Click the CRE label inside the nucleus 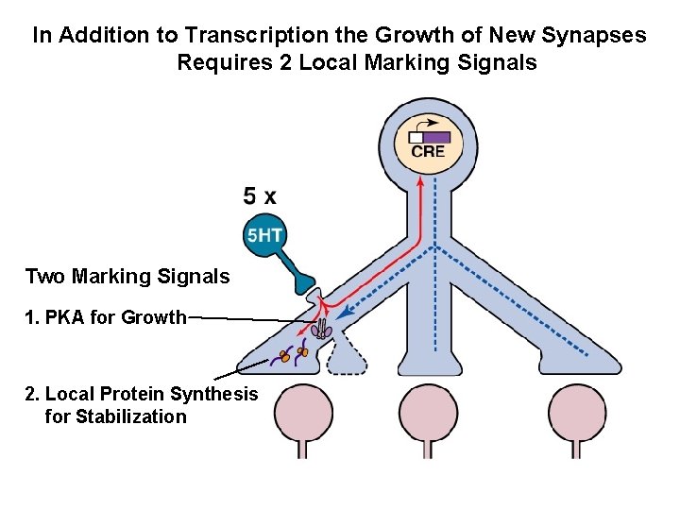click(428, 152)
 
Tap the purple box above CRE click(436, 137)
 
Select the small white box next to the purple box click(416, 137)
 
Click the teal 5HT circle click(264, 235)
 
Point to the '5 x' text click(260, 196)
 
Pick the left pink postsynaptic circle click(303, 412)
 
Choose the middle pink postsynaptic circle click(429, 412)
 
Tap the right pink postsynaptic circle click(577, 412)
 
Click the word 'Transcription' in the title click(241, 36)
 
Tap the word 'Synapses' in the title click(603, 36)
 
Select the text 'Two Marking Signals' click(127, 277)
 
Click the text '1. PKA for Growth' click(106, 317)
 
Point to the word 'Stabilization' click(116, 416)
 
